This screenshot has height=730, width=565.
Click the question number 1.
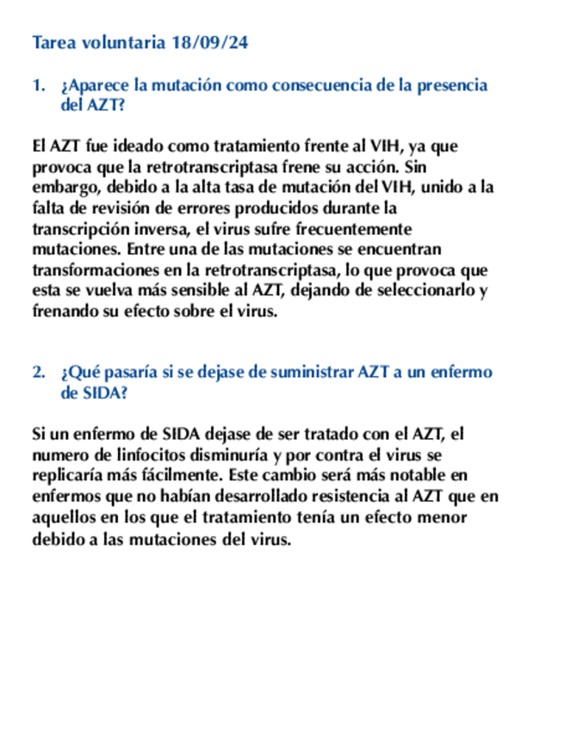[37, 85]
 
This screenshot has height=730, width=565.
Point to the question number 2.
[37, 373]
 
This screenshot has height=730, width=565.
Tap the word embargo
[63, 187]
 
